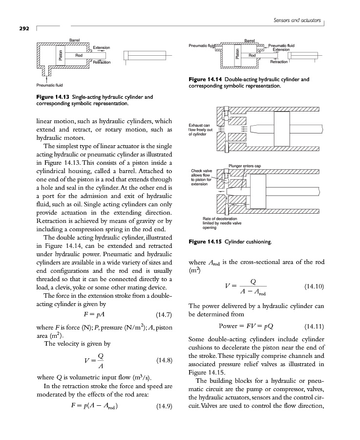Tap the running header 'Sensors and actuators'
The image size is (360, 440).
pyautogui.click(x=295, y=21)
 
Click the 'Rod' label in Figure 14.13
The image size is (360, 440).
pyautogui.click(x=78, y=55)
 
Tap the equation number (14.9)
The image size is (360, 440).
pyautogui.click(x=164, y=406)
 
